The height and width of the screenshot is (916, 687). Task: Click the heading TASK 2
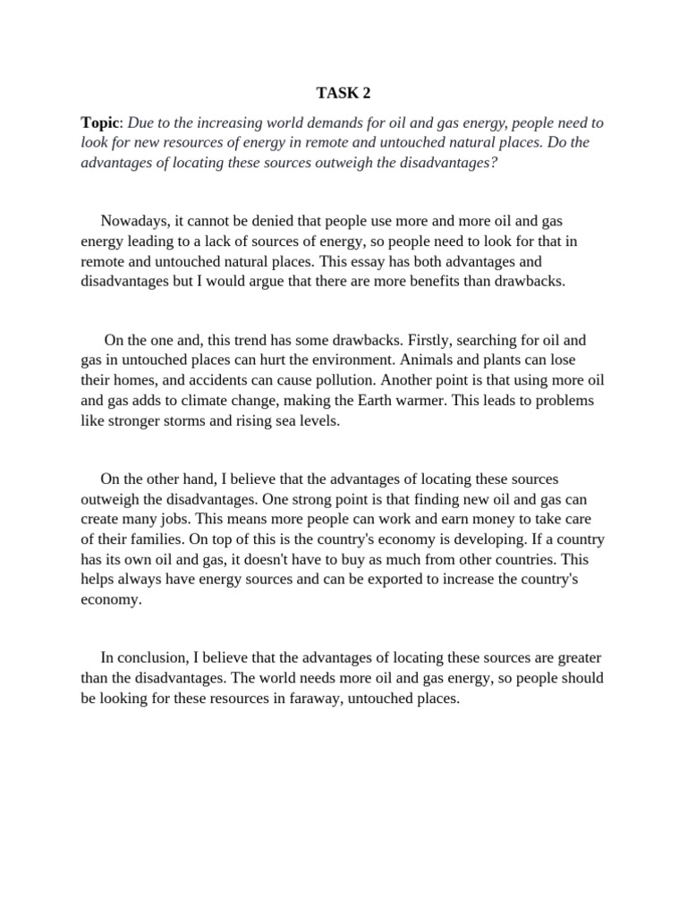(343, 92)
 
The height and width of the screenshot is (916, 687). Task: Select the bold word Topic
(98, 122)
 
